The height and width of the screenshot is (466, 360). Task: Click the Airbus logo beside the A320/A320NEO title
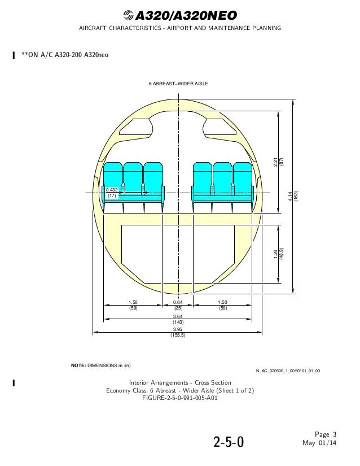(129, 15)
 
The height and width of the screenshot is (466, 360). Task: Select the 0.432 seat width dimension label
(112, 190)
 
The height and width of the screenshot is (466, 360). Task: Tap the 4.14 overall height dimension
(290, 196)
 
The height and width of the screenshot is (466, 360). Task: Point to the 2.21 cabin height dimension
(275, 162)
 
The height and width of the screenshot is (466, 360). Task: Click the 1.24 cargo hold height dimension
(275, 254)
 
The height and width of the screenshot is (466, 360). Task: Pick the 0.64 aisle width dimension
(178, 302)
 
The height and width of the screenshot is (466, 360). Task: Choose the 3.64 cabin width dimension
(178, 316)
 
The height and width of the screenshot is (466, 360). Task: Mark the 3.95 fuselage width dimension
(178, 329)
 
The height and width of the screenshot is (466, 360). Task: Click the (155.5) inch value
(178, 335)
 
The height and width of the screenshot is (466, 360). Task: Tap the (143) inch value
(178, 322)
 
